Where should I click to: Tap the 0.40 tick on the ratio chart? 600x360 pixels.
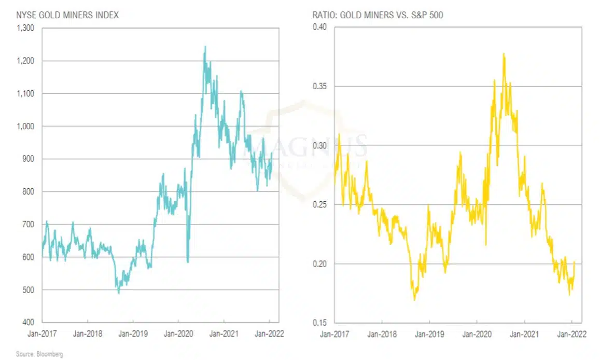point(319,27)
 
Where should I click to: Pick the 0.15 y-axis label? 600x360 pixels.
point(319,323)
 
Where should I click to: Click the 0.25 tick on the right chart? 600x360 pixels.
point(319,205)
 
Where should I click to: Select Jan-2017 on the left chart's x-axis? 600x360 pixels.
point(42,335)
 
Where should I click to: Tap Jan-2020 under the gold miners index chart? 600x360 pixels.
point(178,335)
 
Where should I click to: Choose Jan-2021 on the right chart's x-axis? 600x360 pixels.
point(524,335)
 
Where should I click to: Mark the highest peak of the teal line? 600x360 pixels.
point(205,46)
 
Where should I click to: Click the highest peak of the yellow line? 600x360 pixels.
point(504,53)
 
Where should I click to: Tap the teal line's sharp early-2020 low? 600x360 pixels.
point(187,262)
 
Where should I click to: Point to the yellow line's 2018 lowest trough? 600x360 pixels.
point(414,300)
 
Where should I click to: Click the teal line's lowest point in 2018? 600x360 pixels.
point(119,293)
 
